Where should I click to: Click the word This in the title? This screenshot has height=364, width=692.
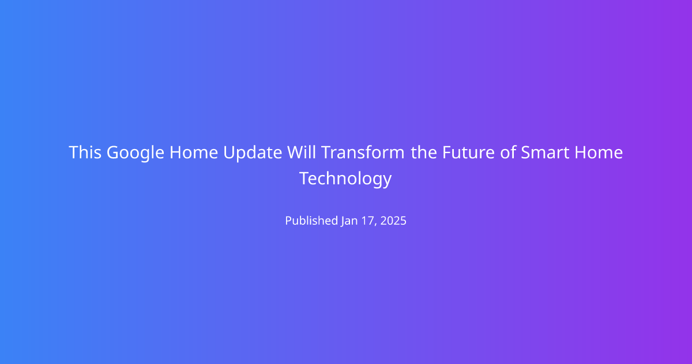pos(85,153)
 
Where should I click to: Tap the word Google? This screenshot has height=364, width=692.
pos(136,154)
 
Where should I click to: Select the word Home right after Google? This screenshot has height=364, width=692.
pos(194,153)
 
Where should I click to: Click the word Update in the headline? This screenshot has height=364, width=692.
pos(253,154)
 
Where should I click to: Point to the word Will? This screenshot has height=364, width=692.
pos(302,152)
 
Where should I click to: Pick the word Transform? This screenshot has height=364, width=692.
pos(363,152)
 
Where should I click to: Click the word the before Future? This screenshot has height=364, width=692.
pos(424,152)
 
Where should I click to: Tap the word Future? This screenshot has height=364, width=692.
pos(468,153)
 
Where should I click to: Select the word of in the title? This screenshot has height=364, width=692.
pos(507,152)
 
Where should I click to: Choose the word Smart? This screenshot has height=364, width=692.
pos(545,153)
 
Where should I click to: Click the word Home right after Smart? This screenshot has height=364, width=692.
pos(599,153)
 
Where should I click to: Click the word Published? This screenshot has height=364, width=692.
pos(311,221)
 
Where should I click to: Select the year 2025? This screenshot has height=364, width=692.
pos(393,221)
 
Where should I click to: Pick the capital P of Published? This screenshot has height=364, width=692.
pos(288,221)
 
